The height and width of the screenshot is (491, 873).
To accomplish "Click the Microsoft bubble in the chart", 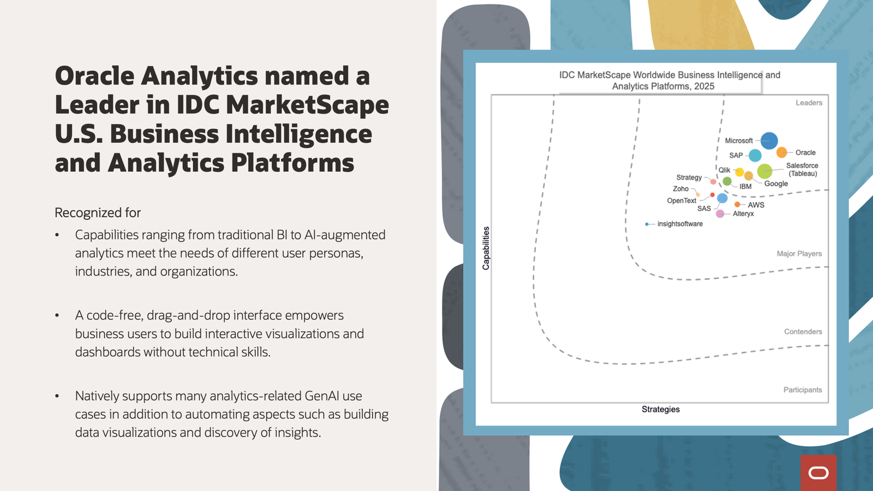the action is click(x=769, y=141).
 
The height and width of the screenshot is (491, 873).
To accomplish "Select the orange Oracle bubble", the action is click(x=781, y=152).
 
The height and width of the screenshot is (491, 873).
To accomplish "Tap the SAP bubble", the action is click(x=755, y=155).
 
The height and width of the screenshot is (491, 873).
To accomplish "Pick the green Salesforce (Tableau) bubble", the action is click(x=764, y=171).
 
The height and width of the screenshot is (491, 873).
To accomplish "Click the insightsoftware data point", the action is click(x=647, y=224).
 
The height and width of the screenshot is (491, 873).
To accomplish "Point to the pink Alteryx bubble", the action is click(x=720, y=213).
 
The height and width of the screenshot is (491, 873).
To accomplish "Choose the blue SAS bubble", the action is click(x=722, y=198).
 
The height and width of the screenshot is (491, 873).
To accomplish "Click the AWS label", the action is click(x=756, y=205).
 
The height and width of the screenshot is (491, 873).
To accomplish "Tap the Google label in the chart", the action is click(x=776, y=183).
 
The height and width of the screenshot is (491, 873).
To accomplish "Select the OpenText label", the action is click(x=681, y=201).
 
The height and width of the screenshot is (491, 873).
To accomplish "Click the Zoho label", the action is click(x=680, y=189).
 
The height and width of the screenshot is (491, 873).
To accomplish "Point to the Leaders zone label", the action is click(x=809, y=103).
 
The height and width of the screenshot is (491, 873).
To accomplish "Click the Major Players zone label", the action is click(x=799, y=254).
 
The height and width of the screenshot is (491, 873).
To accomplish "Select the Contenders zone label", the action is click(x=803, y=332).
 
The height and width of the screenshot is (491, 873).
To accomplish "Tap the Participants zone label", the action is click(x=803, y=390).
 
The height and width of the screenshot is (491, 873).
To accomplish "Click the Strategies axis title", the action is click(x=661, y=409).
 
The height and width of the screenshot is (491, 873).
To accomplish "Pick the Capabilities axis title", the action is click(x=486, y=248).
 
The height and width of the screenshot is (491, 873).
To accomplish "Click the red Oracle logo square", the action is click(x=818, y=472).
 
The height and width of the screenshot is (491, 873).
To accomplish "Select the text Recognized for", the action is click(x=98, y=213).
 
